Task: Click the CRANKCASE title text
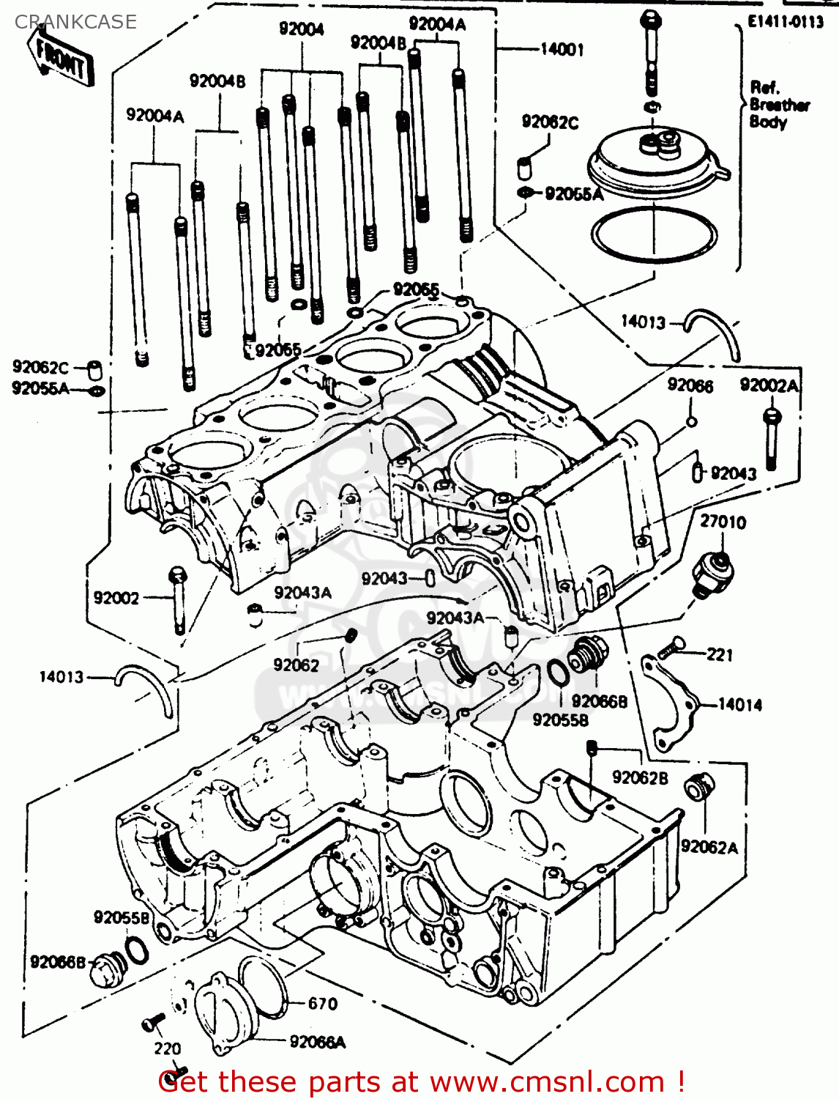tap(75, 22)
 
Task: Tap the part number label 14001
tap(562, 49)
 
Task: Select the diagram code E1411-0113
tap(785, 22)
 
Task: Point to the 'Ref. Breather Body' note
tap(778, 105)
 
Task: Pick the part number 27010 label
tap(723, 522)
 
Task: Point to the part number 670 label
tap(322, 1003)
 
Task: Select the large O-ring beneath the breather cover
tap(653, 234)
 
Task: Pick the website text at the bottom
tap(421, 1081)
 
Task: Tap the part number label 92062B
tap(640, 777)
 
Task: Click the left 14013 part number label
tap(61, 677)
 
